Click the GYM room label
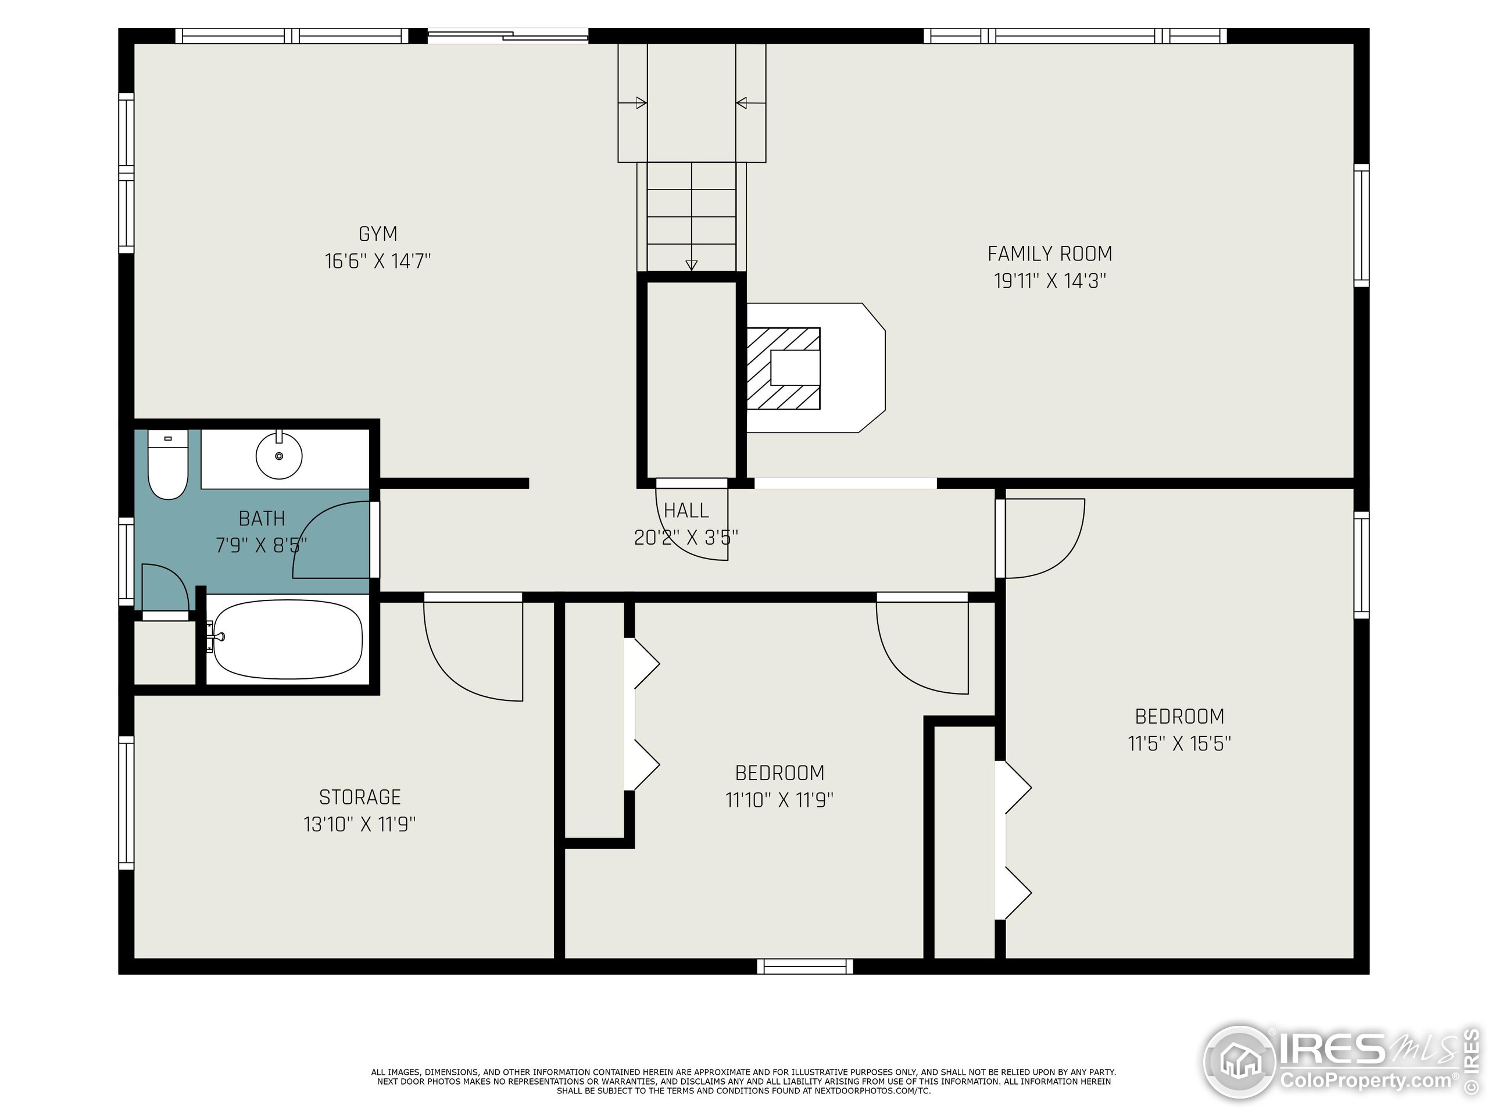(x=377, y=234)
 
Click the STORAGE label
(x=360, y=797)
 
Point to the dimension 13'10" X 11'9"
(x=360, y=824)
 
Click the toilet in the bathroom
(x=167, y=465)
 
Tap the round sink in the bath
(x=279, y=456)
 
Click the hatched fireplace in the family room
(x=783, y=369)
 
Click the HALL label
(x=686, y=512)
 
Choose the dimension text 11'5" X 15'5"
(x=1179, y=743)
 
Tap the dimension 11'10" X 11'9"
(x=779, y=800)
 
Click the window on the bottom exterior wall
(x=805, y=966)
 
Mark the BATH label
(x=262, y=518)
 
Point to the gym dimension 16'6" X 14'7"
(x=377, y=261)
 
